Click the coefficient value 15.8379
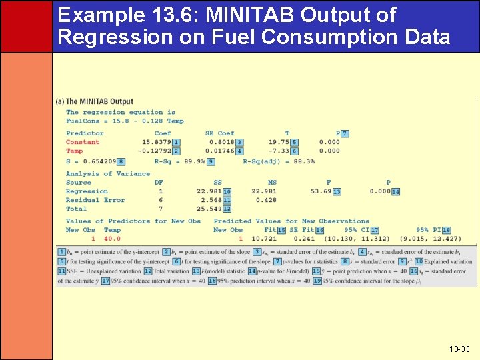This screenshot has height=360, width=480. (157, 142)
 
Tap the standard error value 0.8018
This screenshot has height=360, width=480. (221, 142)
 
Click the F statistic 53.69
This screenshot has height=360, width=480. (321, 191)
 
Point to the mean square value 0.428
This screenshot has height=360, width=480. (266, 200)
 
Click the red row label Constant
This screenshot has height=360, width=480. (83, 142)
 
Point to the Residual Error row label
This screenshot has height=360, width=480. (95, 200)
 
